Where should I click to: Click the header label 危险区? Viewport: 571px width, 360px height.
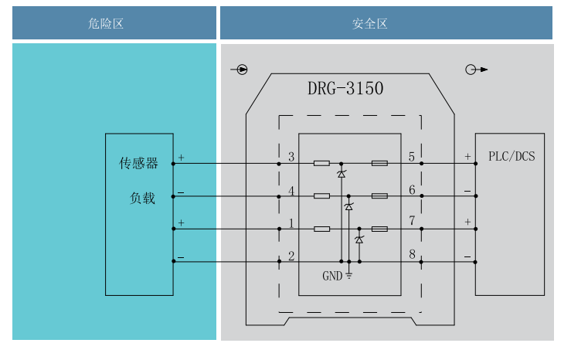coord(107,24)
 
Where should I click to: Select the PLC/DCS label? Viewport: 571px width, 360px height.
coord(512,156)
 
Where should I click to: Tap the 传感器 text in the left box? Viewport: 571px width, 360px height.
coord(138,164)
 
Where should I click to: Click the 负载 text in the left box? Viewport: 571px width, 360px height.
coord(142,199)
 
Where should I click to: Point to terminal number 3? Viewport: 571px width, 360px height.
coord(291,158)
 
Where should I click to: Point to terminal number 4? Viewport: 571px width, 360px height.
coord(291,190)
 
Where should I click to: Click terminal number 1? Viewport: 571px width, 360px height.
coord(291,223)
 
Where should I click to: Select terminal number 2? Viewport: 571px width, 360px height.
coord(291,256)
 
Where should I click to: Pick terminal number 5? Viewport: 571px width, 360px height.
coord(412,158)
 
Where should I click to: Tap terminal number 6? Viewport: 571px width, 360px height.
coord(412,190)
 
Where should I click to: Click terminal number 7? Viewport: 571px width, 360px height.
coord(412,222)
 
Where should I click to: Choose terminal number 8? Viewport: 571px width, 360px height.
coord(412,255)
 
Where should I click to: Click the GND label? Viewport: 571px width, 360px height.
coord(332,275)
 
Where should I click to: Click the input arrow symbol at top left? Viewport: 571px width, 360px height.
coord(240,70)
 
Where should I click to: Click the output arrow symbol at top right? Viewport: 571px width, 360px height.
coord(477,70)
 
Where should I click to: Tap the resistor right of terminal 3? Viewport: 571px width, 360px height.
coord(322,164)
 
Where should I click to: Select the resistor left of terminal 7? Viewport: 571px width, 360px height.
coord(379,229)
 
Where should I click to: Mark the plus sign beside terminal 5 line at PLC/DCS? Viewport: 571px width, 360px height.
coord(467,157)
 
